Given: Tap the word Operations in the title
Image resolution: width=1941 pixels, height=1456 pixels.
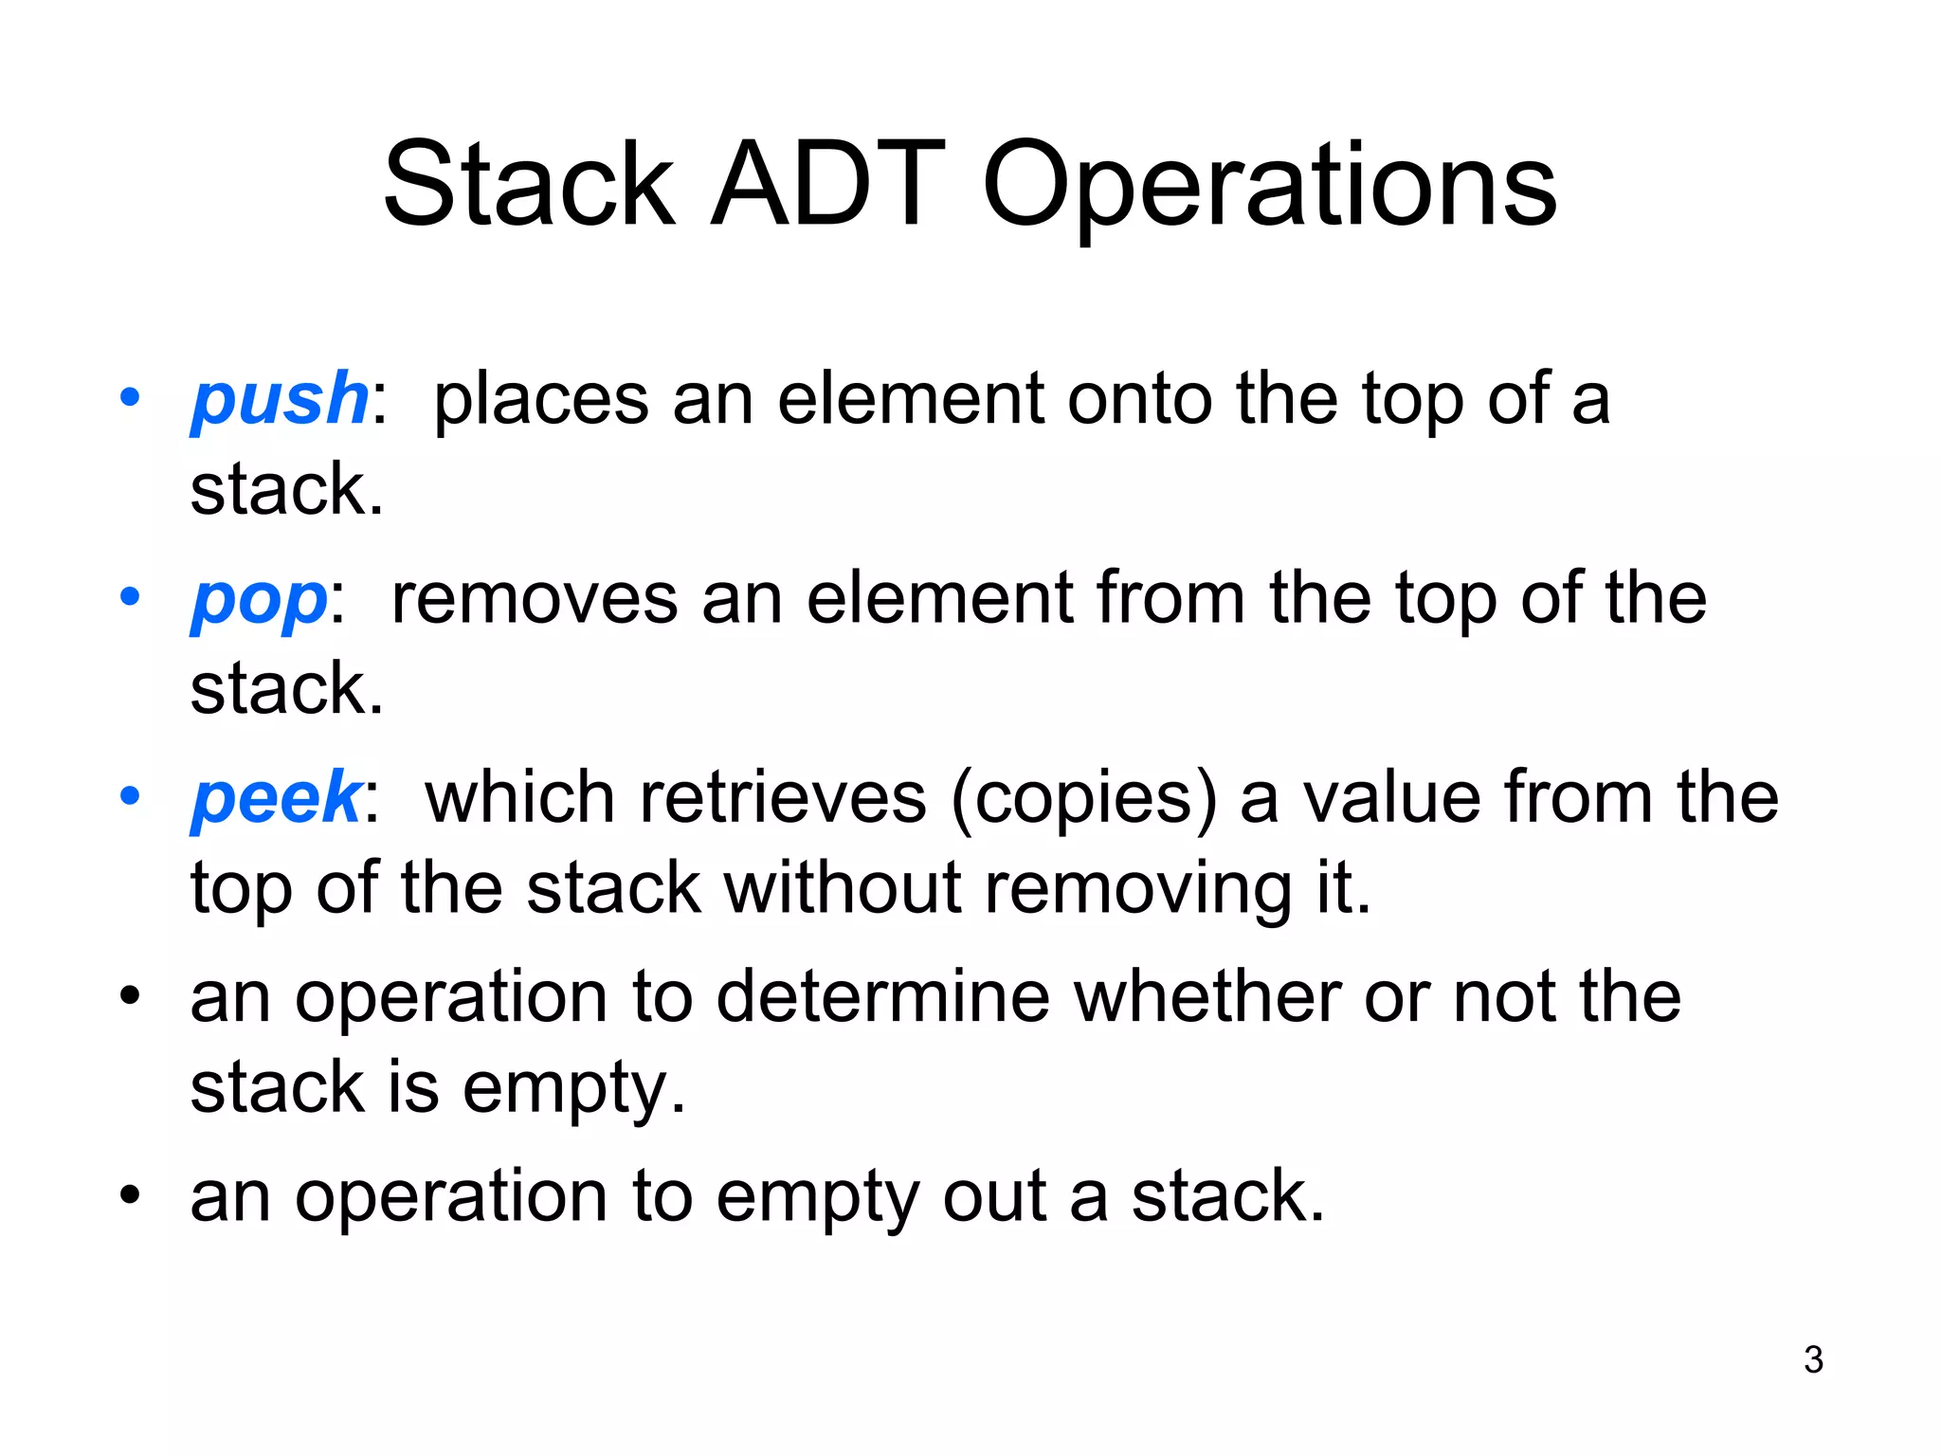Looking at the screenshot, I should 1269,188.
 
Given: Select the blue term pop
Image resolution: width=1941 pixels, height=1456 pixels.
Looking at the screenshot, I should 259,600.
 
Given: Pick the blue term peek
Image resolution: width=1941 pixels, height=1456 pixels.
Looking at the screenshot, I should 276,798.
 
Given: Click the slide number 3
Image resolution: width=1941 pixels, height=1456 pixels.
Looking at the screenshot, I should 1813,1360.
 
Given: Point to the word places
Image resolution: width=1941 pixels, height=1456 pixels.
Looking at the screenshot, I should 540,400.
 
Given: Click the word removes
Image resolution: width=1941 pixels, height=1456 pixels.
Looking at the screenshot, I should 534,599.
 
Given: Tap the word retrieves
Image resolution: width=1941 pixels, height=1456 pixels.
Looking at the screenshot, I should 782,798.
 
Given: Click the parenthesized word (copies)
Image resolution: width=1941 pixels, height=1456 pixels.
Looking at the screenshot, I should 1083,798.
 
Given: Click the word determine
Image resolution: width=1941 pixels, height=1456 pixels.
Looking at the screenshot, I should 882,997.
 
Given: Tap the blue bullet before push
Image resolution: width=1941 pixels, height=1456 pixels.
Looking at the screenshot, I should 130,396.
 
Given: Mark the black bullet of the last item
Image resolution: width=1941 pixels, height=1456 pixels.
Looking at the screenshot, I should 130,1194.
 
